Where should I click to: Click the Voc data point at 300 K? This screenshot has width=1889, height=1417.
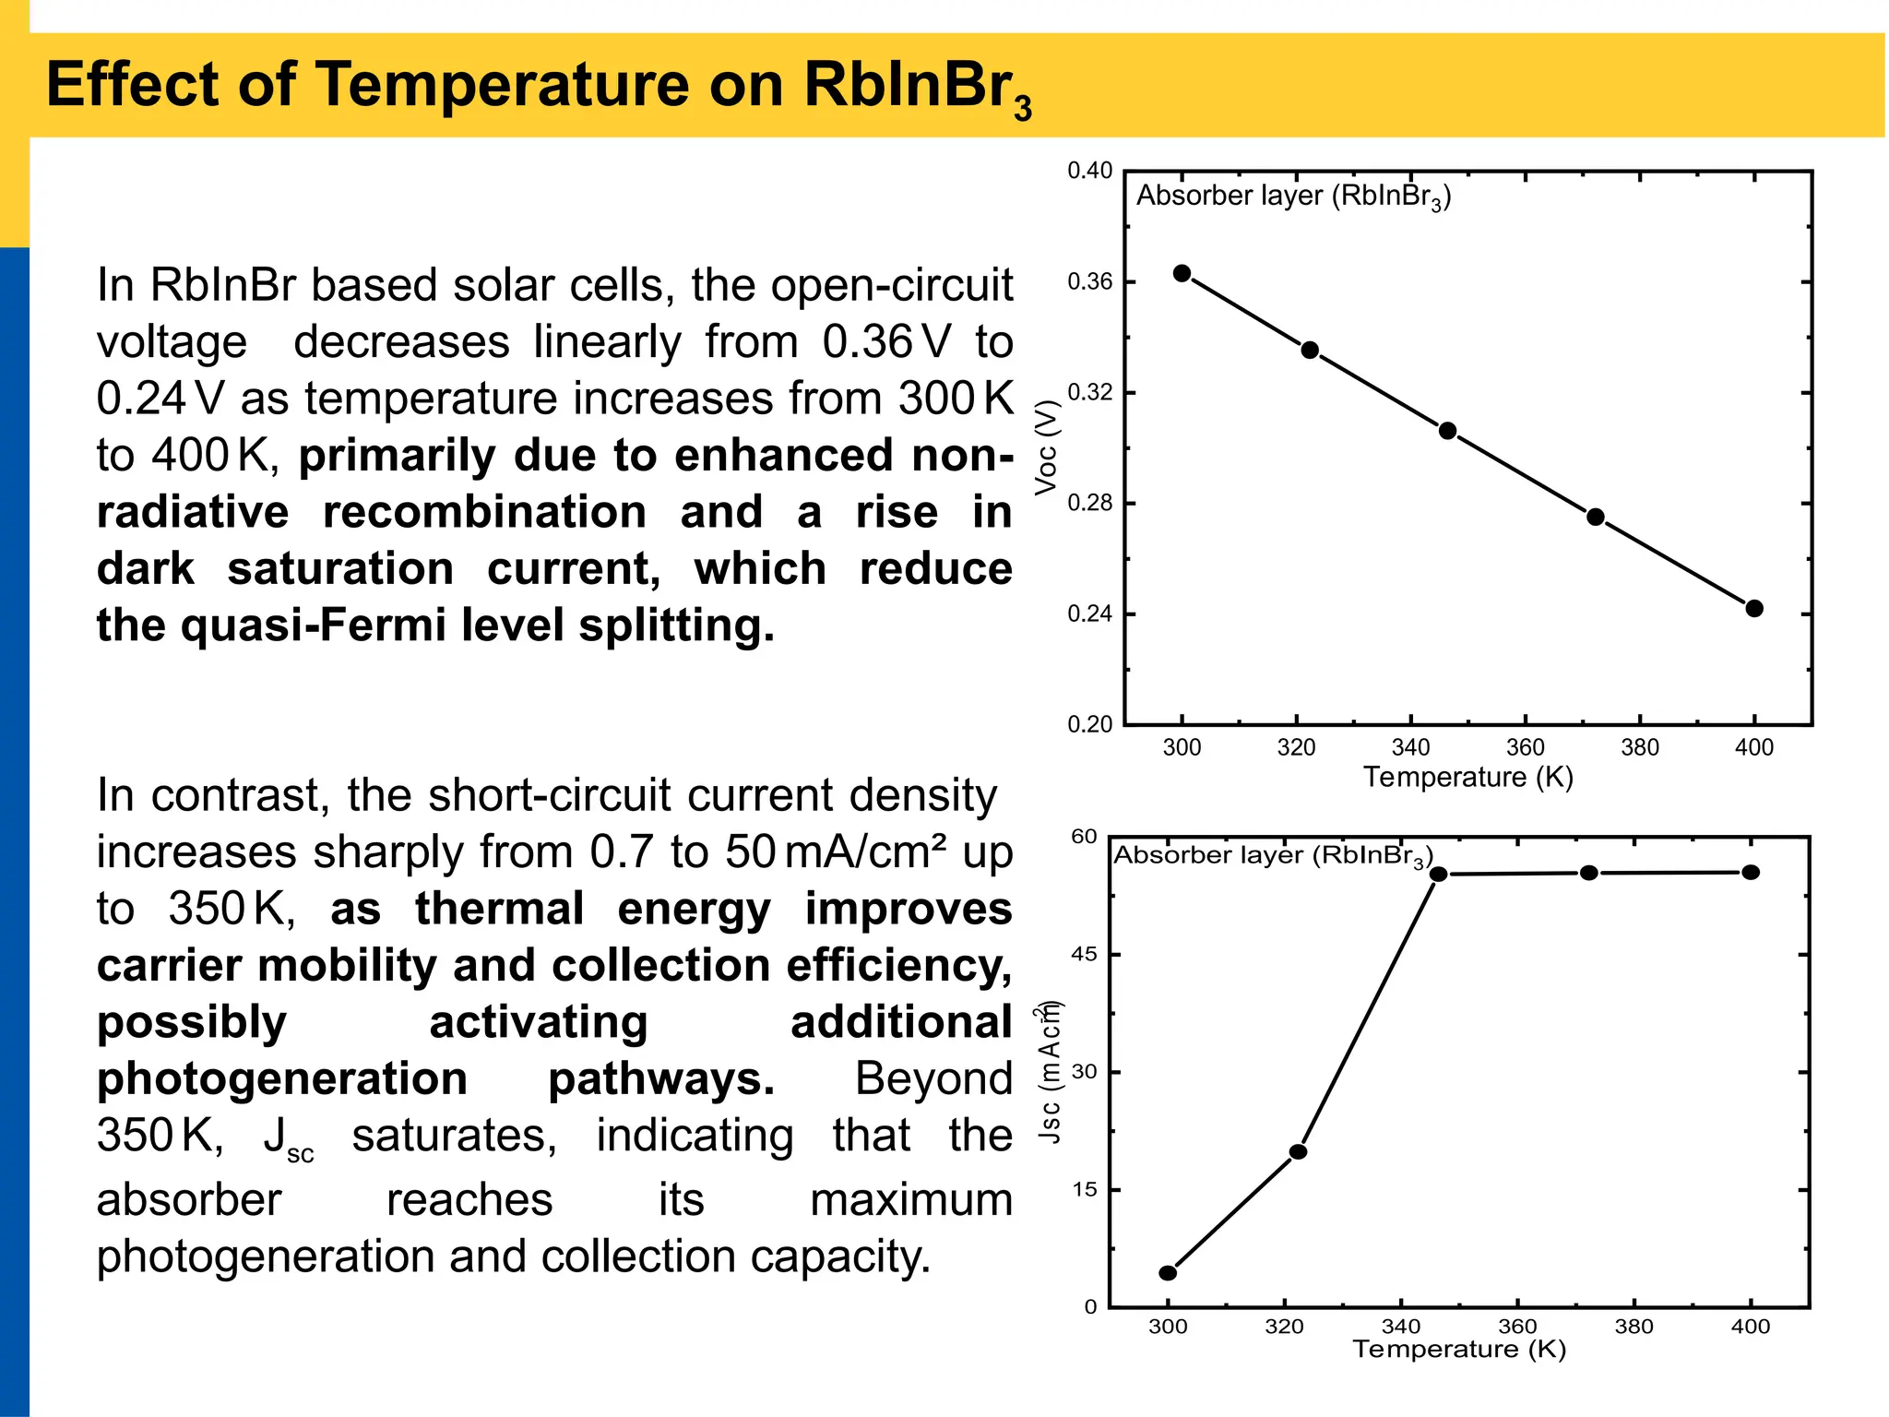tap(1182, 273)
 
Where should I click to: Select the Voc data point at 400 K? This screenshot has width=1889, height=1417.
tap(1754, 608)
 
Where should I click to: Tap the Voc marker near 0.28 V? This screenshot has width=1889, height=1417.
tap(1596, 517)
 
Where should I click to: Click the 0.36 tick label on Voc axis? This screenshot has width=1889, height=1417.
tap(1089, 282)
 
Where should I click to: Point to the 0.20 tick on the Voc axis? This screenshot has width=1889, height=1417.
tap(1089, 725)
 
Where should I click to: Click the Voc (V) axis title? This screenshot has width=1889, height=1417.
tap(1046, 447)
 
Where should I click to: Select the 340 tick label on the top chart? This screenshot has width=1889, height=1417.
tap(1410, 747)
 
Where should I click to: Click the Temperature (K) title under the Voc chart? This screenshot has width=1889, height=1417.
tap(1468, 778)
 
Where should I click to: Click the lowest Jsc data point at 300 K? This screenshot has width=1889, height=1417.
tap(1168, 1273)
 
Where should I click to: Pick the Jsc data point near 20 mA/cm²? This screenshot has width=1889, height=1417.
tap(1298, 1151)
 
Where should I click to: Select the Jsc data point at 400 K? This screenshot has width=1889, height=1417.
tap(1751, 872)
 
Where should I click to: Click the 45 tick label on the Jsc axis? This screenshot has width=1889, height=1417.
tap(1085, 955)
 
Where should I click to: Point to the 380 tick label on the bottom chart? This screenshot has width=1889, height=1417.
tap(1634, 1327)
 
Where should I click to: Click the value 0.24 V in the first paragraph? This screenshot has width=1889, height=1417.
tap(160, 399)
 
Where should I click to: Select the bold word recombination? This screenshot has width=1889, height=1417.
tap(484, 512)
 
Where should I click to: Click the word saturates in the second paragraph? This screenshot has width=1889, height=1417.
tap(454, 1136)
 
